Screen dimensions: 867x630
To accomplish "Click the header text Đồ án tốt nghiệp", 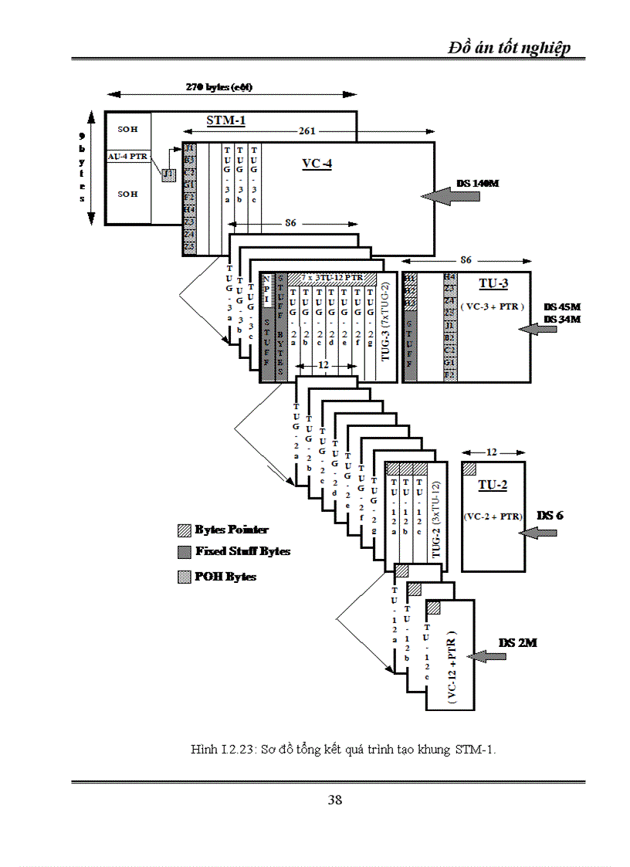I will tap(510, 48).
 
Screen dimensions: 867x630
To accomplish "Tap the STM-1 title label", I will tap(226, 120).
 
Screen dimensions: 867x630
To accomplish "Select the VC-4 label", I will tap(317, 164).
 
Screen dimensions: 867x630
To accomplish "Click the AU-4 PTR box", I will tap(127, 157).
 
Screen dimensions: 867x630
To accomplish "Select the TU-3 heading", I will tap(493, 283).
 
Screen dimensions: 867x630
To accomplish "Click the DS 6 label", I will tap(550, 515).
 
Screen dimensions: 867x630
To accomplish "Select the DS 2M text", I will tap(517, 642).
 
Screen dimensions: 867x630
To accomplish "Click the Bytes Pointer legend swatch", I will tap(184, 530).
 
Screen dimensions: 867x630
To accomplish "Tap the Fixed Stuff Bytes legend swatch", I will tap(184, 552).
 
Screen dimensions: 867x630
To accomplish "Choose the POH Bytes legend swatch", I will tap(184, 577).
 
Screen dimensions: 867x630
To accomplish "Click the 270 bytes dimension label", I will tap(219, 86).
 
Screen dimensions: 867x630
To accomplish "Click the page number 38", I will tap(334, 800).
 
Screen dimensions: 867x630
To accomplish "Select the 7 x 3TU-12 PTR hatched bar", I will tap(332, 277).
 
